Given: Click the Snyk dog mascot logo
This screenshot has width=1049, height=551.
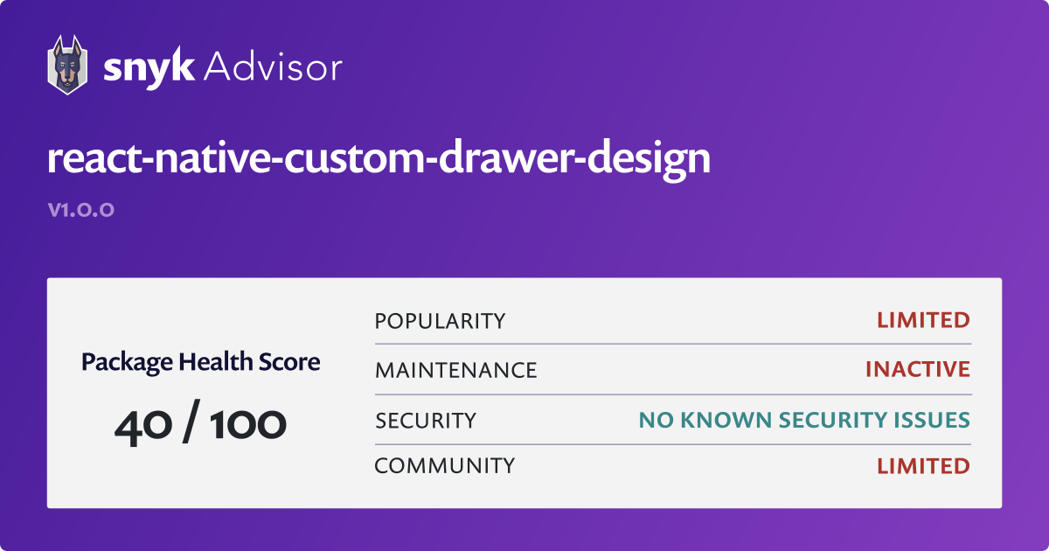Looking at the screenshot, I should [66, 65].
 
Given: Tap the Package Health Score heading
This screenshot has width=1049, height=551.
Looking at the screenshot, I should [200, 361].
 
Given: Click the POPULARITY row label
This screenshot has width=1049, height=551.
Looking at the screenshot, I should [440, 321].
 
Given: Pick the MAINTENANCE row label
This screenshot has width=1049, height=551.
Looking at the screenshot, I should [455, 370].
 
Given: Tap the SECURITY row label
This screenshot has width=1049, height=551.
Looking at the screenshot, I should [426, 421].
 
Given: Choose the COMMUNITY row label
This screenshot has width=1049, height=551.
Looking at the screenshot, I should [444, 465].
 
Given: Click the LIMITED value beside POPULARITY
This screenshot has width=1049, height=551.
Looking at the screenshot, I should [923, 320].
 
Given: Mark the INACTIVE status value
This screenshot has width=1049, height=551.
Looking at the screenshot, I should [917, 370].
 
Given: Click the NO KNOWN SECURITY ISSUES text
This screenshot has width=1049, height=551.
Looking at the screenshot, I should [804, 421].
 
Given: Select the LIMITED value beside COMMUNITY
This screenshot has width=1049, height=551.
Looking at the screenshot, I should [923, 465].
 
